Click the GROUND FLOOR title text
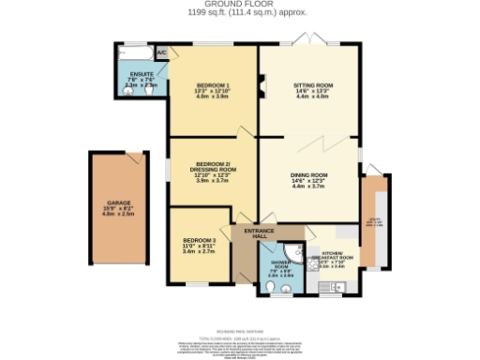click(x=239, y=6)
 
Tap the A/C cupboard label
click(x=160, y=52)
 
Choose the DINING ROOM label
click(x=308, y=174)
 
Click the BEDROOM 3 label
click(x=199, y=241)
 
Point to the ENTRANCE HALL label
click(x=258, y=232)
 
